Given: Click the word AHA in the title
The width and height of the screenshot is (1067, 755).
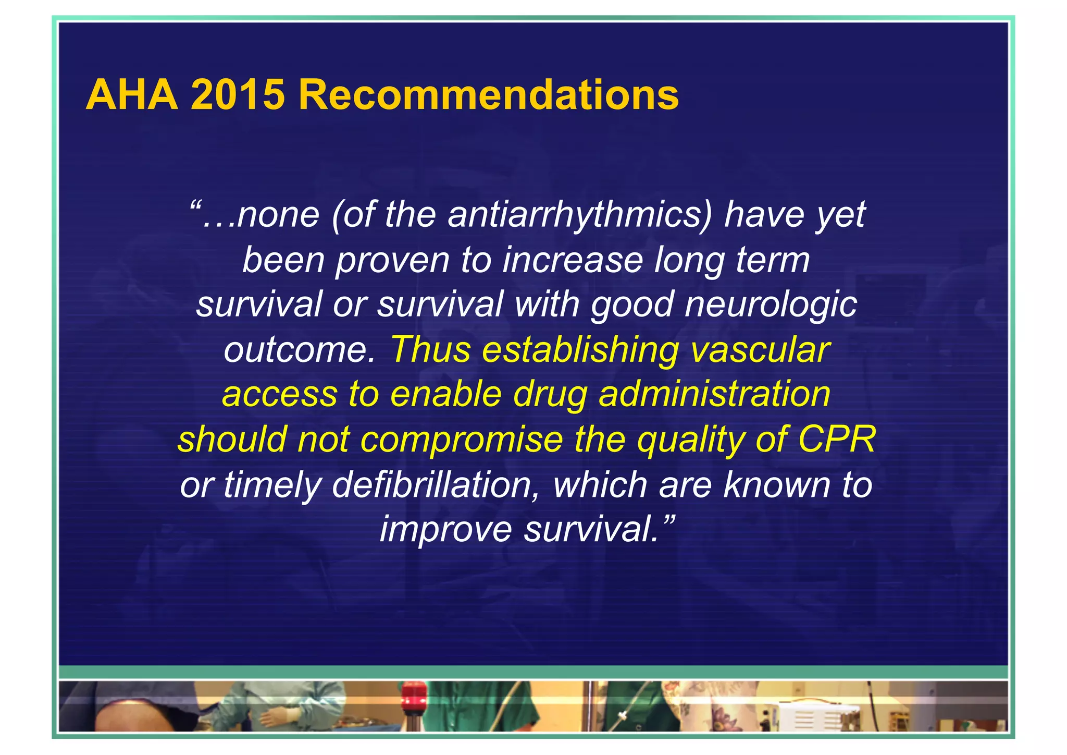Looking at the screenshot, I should click(131, 95).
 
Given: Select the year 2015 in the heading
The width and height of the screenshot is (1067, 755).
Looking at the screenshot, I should click(238, 95).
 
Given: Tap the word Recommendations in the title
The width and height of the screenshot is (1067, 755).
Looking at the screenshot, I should click(488, 95).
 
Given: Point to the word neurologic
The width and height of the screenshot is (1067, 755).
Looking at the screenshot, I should click(771, 305).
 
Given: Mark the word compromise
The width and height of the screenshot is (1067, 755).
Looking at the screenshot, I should click(461, 439).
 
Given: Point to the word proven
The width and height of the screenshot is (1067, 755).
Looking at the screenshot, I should click(392, 260).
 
